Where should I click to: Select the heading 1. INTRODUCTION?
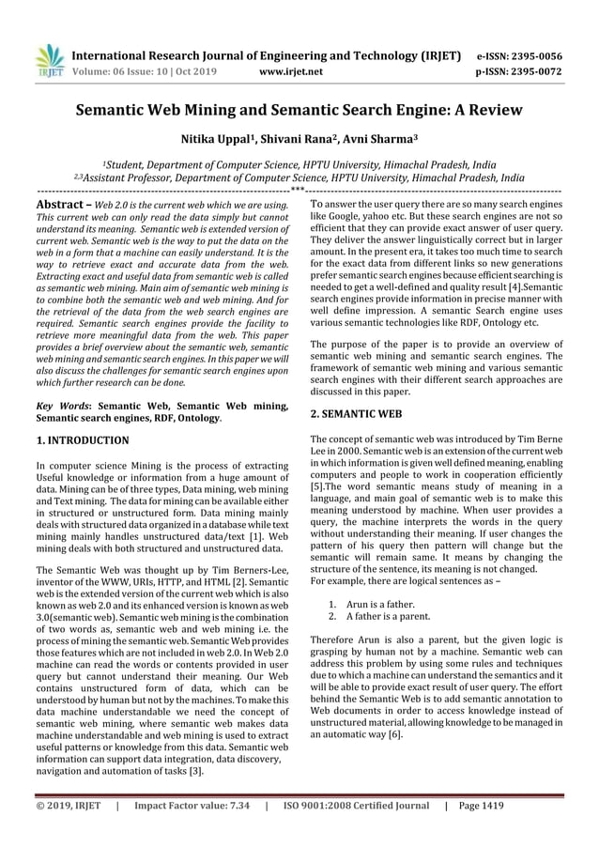83,439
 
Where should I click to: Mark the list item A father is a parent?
389,617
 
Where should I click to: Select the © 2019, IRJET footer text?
68,805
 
